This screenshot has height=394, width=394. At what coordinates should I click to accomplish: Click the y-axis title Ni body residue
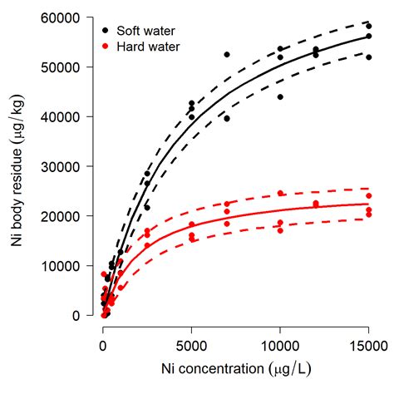tap(18, 166)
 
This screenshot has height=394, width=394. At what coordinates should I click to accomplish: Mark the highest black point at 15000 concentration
tap(368, 26)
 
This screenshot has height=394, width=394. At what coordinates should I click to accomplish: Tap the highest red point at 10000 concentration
tap(280, 193)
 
